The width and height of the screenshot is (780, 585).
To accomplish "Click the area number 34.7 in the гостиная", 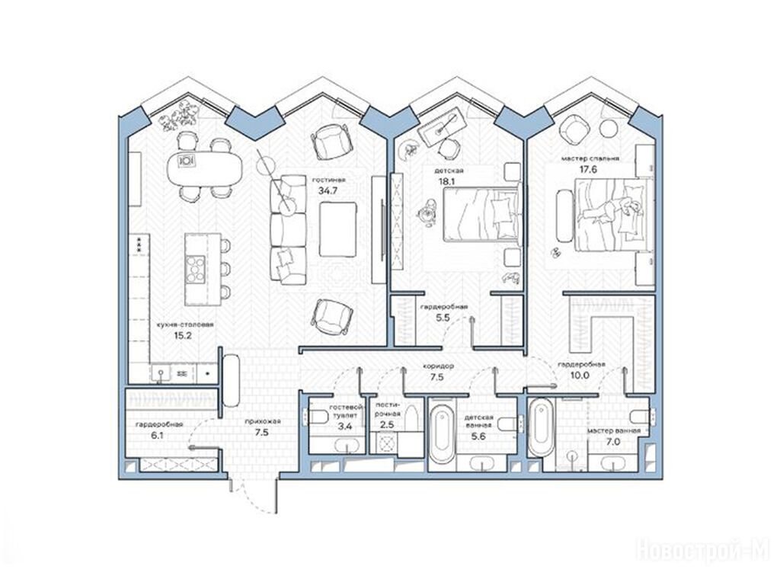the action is (328, 190).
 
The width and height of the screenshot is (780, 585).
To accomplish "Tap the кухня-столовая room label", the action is (184, 324).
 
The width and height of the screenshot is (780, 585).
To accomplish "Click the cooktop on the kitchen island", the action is (195, 269).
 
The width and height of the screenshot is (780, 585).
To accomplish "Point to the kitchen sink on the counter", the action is (160, 372).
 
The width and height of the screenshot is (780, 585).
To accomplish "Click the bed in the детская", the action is (481, 214).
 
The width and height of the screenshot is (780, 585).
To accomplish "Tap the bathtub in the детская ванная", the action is (441, 433).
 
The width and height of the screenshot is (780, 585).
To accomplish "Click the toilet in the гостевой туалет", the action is (318, 417).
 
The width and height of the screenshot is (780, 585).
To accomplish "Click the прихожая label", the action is (263, 422).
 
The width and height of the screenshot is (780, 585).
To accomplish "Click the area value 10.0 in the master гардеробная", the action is (580, 376).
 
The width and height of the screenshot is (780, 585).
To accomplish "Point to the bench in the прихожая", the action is (231, 380).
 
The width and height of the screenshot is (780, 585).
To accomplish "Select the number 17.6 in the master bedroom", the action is (588, 170).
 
